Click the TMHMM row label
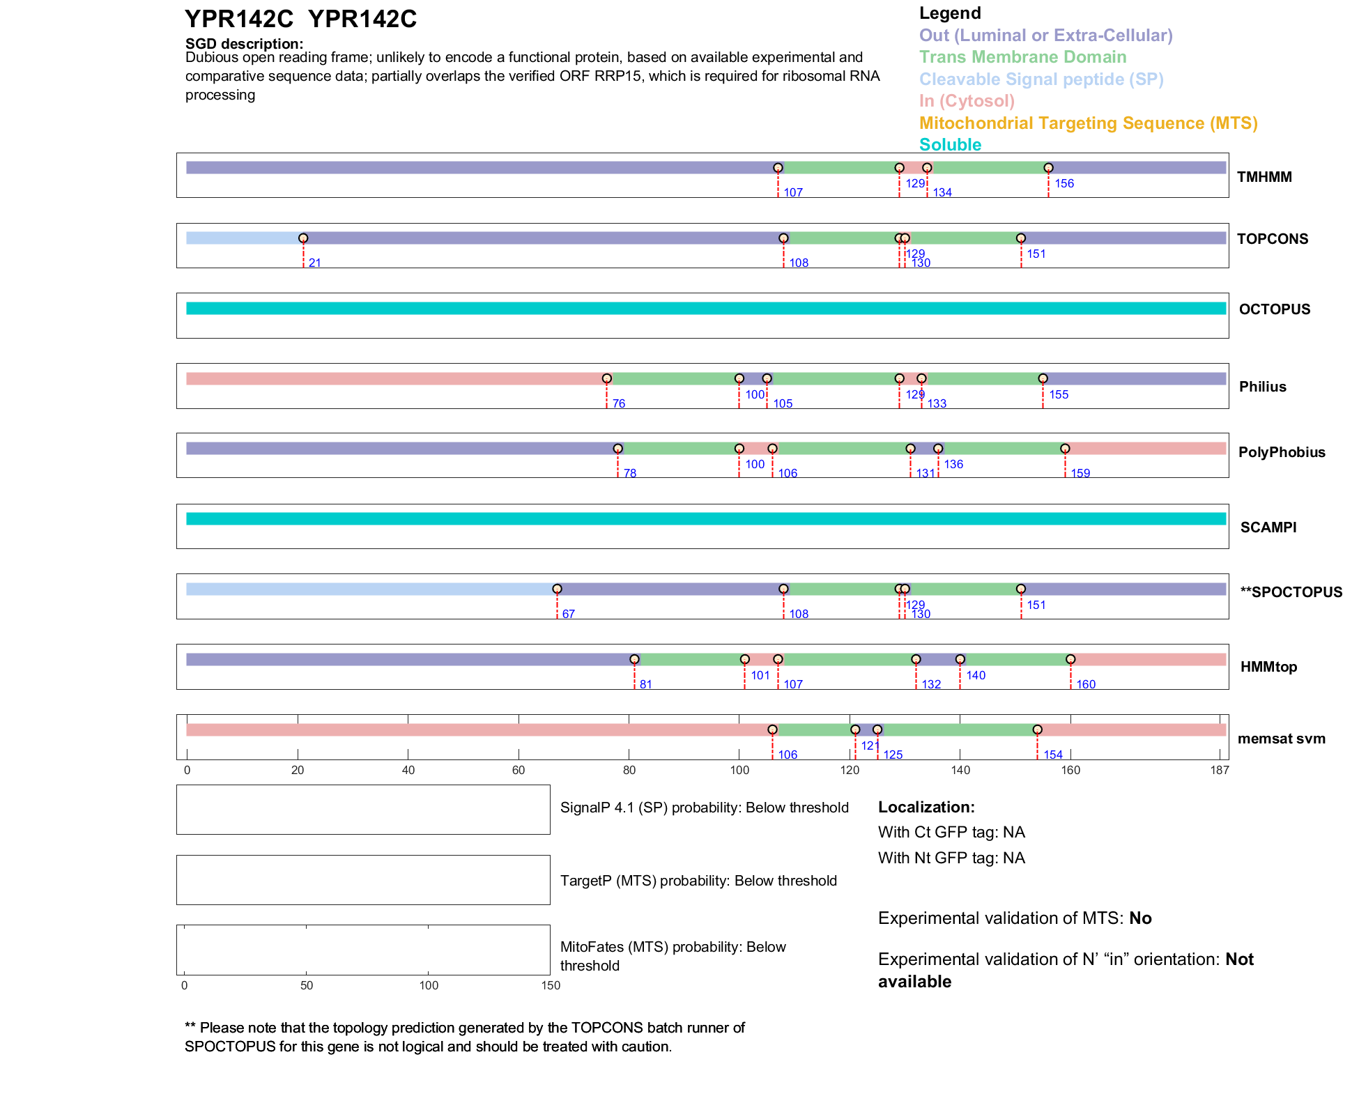click(1264, 177)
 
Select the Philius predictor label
click(1262, 387)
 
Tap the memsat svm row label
click(1281, 739)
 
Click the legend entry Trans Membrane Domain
click(1022, 57)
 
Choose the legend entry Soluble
click(950, 145)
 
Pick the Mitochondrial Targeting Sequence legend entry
click(1088, 123)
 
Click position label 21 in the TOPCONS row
click(315, 263)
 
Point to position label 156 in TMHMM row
click(1064, 183)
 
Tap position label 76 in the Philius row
click(619, 403)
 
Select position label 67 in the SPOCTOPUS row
click(569, 614)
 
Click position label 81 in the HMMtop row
click(646, 684)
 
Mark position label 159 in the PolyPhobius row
click(1080, 473)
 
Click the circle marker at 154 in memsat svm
click(1037, 730)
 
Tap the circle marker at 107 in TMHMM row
click(778, 168)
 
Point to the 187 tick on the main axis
click(1220, 770)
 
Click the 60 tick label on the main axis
click(519, 770)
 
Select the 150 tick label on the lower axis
click(551, 985)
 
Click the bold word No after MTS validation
click(1140, 918)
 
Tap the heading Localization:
click(926, 807)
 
